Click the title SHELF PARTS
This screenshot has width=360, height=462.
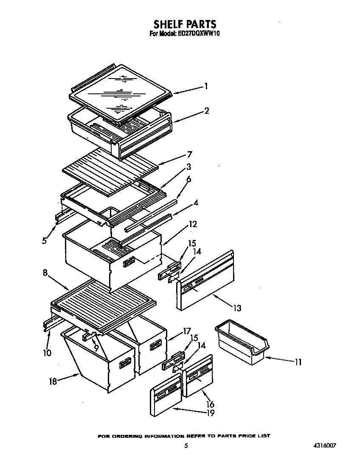click(x=185, y=24)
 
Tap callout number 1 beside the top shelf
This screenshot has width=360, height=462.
click(x=206, y=87)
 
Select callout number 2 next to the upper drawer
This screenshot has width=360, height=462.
click(x=206, y=111)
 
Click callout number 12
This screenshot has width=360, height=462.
click(x=193, y=224)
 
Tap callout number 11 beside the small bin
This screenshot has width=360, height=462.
click(x=298, y=362)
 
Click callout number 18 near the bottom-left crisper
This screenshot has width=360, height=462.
click(x=53, y=382)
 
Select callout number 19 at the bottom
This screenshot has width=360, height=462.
click(x=210, y=413)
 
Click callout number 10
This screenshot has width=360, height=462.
click(x=47, y=353)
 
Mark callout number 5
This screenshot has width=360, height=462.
click(x=44, y=240)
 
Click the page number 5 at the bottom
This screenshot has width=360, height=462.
click(x=186, y=446)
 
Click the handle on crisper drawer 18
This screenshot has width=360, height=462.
click(x=125, y=363)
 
